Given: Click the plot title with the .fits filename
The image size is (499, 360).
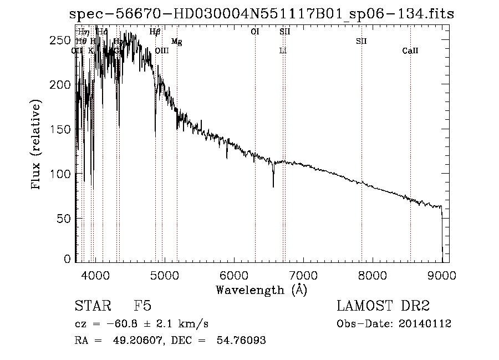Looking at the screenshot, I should (x=261, y=14).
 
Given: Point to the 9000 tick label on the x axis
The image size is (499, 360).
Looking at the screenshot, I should (x=442, y=273).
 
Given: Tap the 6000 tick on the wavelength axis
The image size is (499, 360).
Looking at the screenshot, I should (x=234, y=273).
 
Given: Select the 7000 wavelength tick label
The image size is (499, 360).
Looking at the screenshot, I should (x=303, y=273).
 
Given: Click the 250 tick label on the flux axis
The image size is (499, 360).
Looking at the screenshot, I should (x=63, y=40).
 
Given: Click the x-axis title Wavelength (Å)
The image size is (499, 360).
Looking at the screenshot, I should (x=261, y=289).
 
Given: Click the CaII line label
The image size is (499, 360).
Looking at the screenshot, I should (x=410, y=51).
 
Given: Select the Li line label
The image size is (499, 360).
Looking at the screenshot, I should (x=283, y=51).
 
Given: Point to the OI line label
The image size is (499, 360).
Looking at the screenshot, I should (x=255, y=32).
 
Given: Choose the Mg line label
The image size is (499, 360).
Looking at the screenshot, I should (x=176, y=42).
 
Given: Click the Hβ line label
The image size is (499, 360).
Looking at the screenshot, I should (x=155, y=32).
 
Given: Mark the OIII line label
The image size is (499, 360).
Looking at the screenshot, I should (x=162, y=51).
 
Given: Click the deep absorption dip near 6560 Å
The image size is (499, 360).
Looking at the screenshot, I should (x=273, y=185).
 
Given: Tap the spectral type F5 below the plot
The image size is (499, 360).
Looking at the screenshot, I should (x=142, y=306).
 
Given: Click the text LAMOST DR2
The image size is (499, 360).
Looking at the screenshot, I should (x=383, y=306).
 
